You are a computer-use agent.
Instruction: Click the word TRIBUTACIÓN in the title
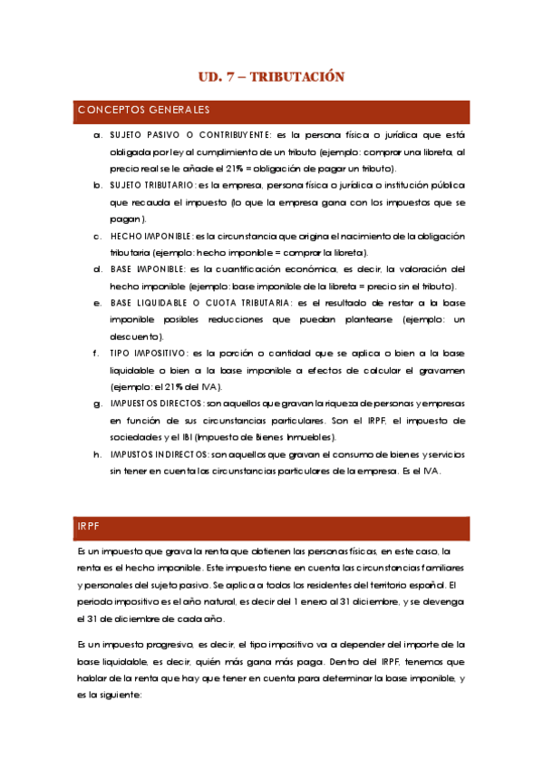pyautogui.click(x=296, y=77)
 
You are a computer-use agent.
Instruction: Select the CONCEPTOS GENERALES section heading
pyautogui.click(x=144, y=111)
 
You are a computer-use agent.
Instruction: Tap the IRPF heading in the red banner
pyautogui.click(x=90, y=526)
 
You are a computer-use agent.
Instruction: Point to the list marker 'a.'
pyautogui.click(x=97, y=135)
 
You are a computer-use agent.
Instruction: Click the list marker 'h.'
pyautogui.click(x=97, y=453)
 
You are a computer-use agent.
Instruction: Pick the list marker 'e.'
pyautogui.click(x=97, y=303)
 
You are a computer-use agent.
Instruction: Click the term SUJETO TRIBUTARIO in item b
pyautogui.click(x=152, y=185)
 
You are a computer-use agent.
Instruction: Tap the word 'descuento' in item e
pyautogui.click(x=136, y=336)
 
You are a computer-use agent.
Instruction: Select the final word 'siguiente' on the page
pyautogui.click(x=118, y=695)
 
